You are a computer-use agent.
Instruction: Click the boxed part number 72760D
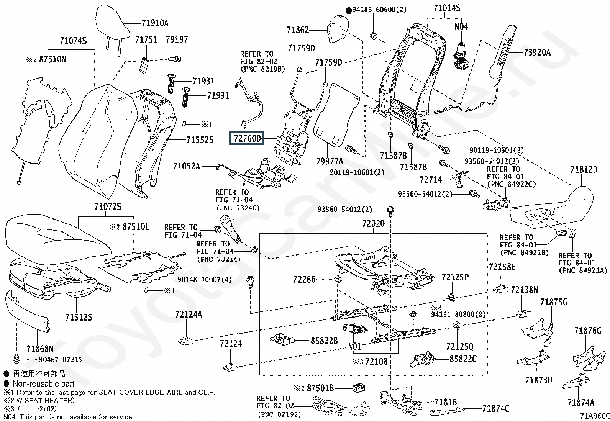click(x=247, y=139)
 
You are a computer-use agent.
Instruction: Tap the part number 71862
click(x=298, y=29)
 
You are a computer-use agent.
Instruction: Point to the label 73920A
click(x=537, y=52)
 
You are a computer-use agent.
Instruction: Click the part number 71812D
click(x=584, y=169)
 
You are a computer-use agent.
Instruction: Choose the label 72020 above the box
click(x=373, y=224)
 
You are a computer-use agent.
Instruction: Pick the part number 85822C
click(x=463, y=359)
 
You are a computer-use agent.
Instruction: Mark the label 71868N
click(x=40, y=349)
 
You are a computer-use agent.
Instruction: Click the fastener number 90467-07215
click(x=60, y=359)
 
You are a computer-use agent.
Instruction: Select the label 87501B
click(x=320, y=388)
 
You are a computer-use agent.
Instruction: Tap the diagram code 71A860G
click(x=594, y=416)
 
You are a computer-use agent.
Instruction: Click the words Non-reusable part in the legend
click(x=44, y=384)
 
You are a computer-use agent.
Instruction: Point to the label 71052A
click(x=187, y=166)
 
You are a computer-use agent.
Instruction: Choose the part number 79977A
click(x=330, y=161)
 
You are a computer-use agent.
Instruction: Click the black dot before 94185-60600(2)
click(x=349, y=11)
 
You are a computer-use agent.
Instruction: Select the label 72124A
click(x=189, y=315)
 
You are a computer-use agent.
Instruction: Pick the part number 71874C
click(x=495, y=408)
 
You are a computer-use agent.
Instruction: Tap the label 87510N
click(x=52, y=59)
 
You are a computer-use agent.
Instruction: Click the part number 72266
click(x=304, y=279)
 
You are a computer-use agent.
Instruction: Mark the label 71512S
click(x=79, y=317)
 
